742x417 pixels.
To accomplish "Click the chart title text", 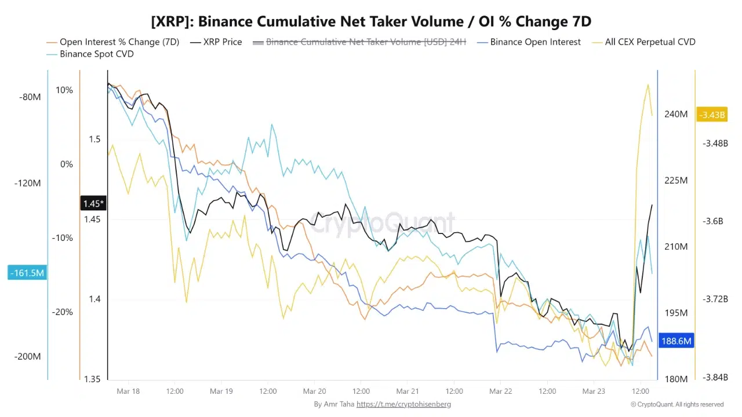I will pyautogui.click(x=371, y=21).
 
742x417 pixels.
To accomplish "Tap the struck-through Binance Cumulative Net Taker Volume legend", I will pyautogui.click(x=366, y=42).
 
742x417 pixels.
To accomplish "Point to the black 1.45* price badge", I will pyautogui.click(x=93, y=203).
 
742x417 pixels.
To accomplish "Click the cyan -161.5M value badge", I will pyautogui.click(x=27, y=272).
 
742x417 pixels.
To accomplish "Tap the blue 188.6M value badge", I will pyautogui.click(x=676, y=341).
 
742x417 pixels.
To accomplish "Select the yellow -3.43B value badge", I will pyautogui.click(x=712, y=115).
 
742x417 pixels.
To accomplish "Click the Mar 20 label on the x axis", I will pyautogui.click(x=314, y=392).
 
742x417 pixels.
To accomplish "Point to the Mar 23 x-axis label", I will pyautogui.click(x=593, y=392).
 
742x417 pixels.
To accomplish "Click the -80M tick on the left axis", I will pyautogui.click(x=30, y=97).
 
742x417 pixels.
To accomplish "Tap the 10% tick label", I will pyautogui.click(x=64, y=90).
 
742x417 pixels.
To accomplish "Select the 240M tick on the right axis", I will pyautogui.click(x=675, y=114).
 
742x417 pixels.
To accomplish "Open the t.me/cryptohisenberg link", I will pyautogui.click(x=403, y=404).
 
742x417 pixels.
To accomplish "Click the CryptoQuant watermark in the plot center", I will pyautogui.click(x=383, y=222).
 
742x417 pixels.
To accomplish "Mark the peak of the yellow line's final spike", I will pyautogui.click(x=647, y=85).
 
